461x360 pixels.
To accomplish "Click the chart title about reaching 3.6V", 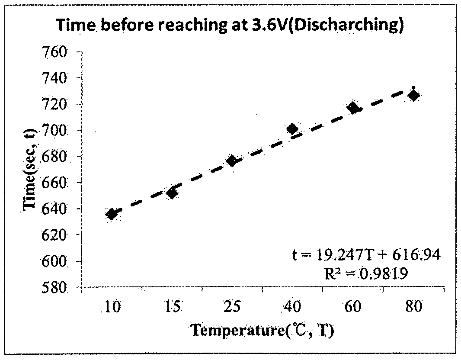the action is point(231,25).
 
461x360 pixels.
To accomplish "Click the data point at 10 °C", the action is point(112,215).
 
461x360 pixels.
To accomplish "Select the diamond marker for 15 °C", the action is point(172,193).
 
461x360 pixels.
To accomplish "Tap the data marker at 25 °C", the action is point(232,161).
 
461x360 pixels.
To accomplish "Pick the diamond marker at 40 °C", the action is point(292,129).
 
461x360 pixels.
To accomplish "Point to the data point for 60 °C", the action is point(352,108).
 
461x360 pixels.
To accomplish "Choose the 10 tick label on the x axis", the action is point(112,307).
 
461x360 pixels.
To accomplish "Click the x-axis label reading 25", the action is point(232,307).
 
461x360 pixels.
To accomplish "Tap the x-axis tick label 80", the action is point(414,307).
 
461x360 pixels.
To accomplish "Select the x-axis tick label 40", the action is point(292,307).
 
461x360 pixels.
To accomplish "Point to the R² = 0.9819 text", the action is point(366,274).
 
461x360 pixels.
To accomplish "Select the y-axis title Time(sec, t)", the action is point(29,170).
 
